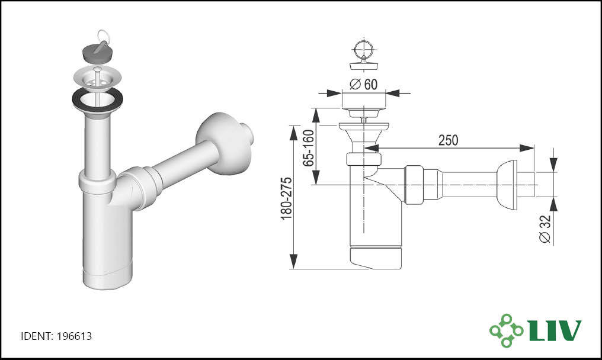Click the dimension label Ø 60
click(x=364, y=84)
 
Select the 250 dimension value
click(x=448, y=140)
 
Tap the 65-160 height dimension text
click(x=308, y=148)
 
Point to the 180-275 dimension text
click(x=286, y=198)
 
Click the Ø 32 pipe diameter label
click(x=545, y=229)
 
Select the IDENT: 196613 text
click(x=56, y=336)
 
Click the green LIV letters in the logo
click(x=555, y=330)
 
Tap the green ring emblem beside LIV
click(x=506, y=330)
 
